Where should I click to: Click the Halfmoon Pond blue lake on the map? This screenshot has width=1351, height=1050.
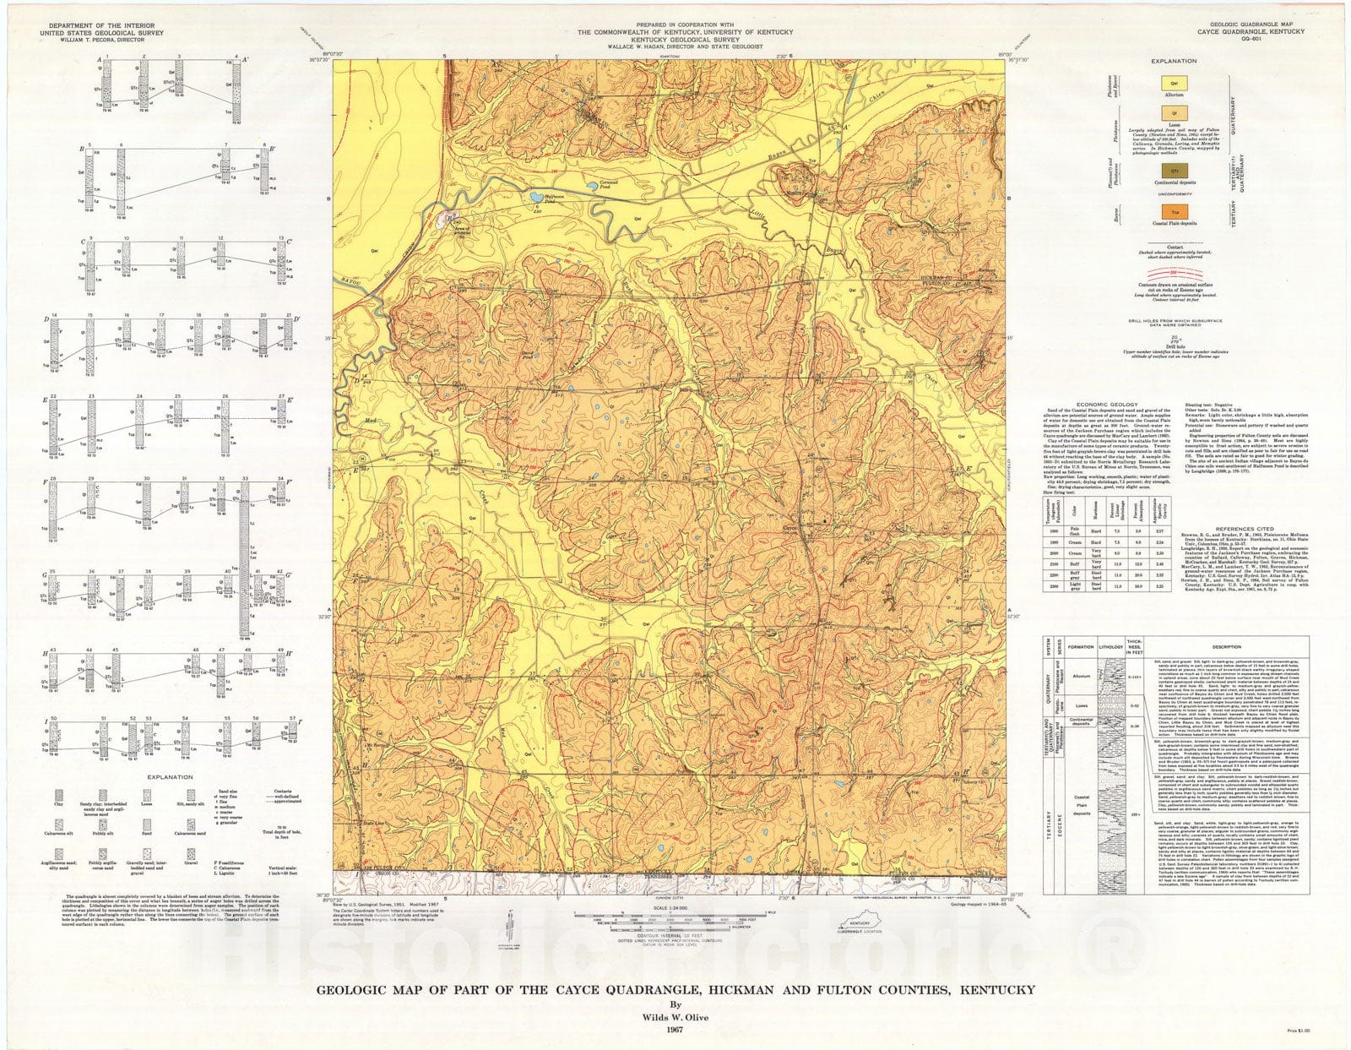[537, 199]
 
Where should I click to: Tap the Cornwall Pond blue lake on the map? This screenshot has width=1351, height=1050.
[579, 191]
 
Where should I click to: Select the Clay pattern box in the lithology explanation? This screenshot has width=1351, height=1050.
[57, 795]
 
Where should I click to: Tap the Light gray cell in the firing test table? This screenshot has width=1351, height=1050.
[1074, 585]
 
